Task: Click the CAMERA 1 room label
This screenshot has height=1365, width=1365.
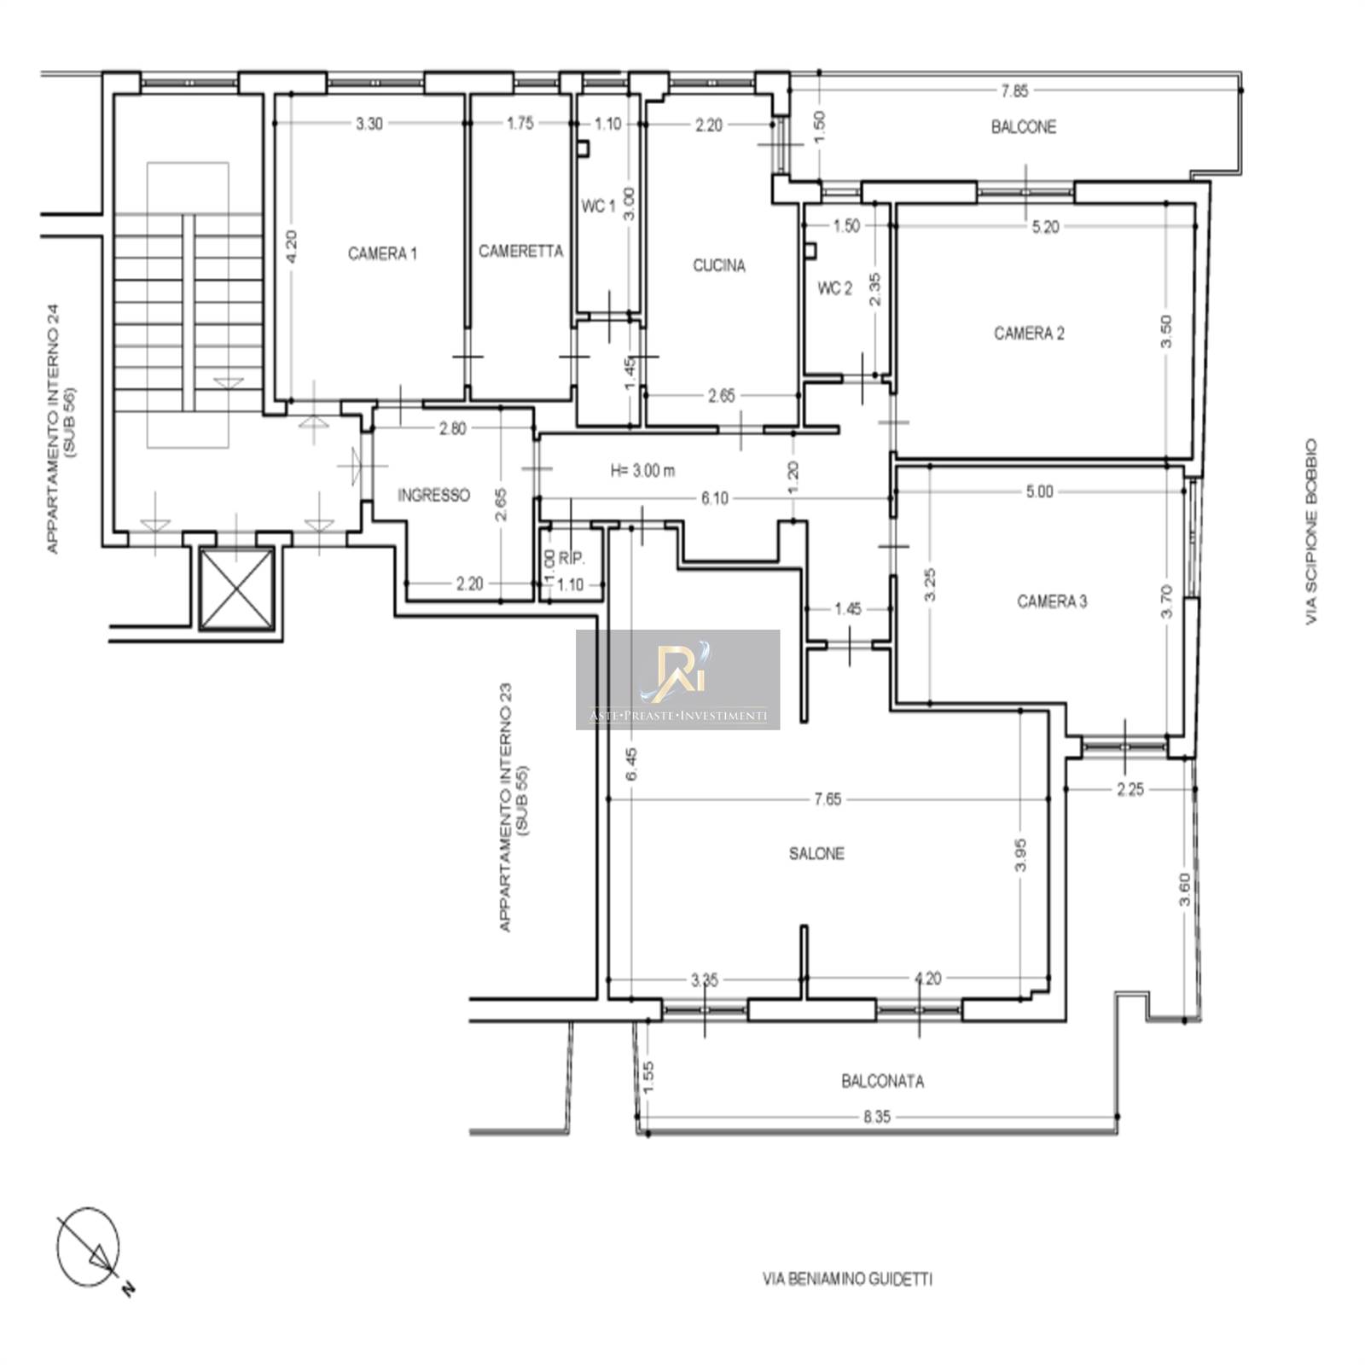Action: (x=382, y=253)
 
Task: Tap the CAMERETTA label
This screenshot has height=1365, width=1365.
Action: (x=520, y=251)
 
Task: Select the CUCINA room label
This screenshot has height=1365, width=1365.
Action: (x=718, y=265)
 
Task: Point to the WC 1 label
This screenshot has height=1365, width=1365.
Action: (x=598, y=206)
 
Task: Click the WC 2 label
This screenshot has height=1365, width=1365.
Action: (x=834, y=288)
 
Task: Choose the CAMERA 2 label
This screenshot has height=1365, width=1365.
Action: (x=1029, y=333)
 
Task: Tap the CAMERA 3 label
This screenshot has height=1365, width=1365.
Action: (x=1052, y=601)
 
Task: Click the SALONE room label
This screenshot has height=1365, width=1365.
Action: (x=816, y=853)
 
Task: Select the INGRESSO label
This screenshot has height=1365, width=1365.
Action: (x=433, y=495)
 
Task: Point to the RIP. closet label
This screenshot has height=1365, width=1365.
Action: (x=571, y=559)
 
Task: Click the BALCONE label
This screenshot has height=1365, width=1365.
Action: (x=1024, y=127)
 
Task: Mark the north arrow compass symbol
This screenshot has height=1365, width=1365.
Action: (x=89, y=1245)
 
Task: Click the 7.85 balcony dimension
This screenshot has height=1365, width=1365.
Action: (x=1014, y=90)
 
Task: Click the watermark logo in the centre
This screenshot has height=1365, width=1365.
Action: (x=678, y=680)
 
